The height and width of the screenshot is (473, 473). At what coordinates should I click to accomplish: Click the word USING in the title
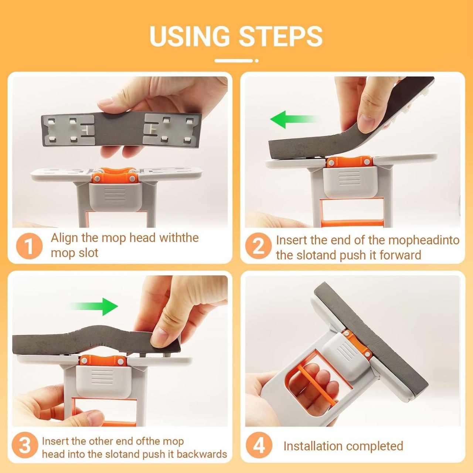(189, 36)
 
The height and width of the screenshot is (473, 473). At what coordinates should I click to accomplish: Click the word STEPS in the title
(280, 36)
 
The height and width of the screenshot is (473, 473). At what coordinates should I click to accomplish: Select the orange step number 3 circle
(25, 446)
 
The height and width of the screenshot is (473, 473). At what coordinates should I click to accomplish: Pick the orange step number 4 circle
(258, 445)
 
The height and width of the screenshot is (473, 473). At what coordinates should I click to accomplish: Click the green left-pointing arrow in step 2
(292, 119)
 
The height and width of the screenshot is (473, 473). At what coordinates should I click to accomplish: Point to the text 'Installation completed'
(343, 446)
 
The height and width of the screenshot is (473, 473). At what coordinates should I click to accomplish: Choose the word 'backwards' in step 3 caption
(202, 454)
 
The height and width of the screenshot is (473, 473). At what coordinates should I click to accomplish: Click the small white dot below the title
(256, 61)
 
